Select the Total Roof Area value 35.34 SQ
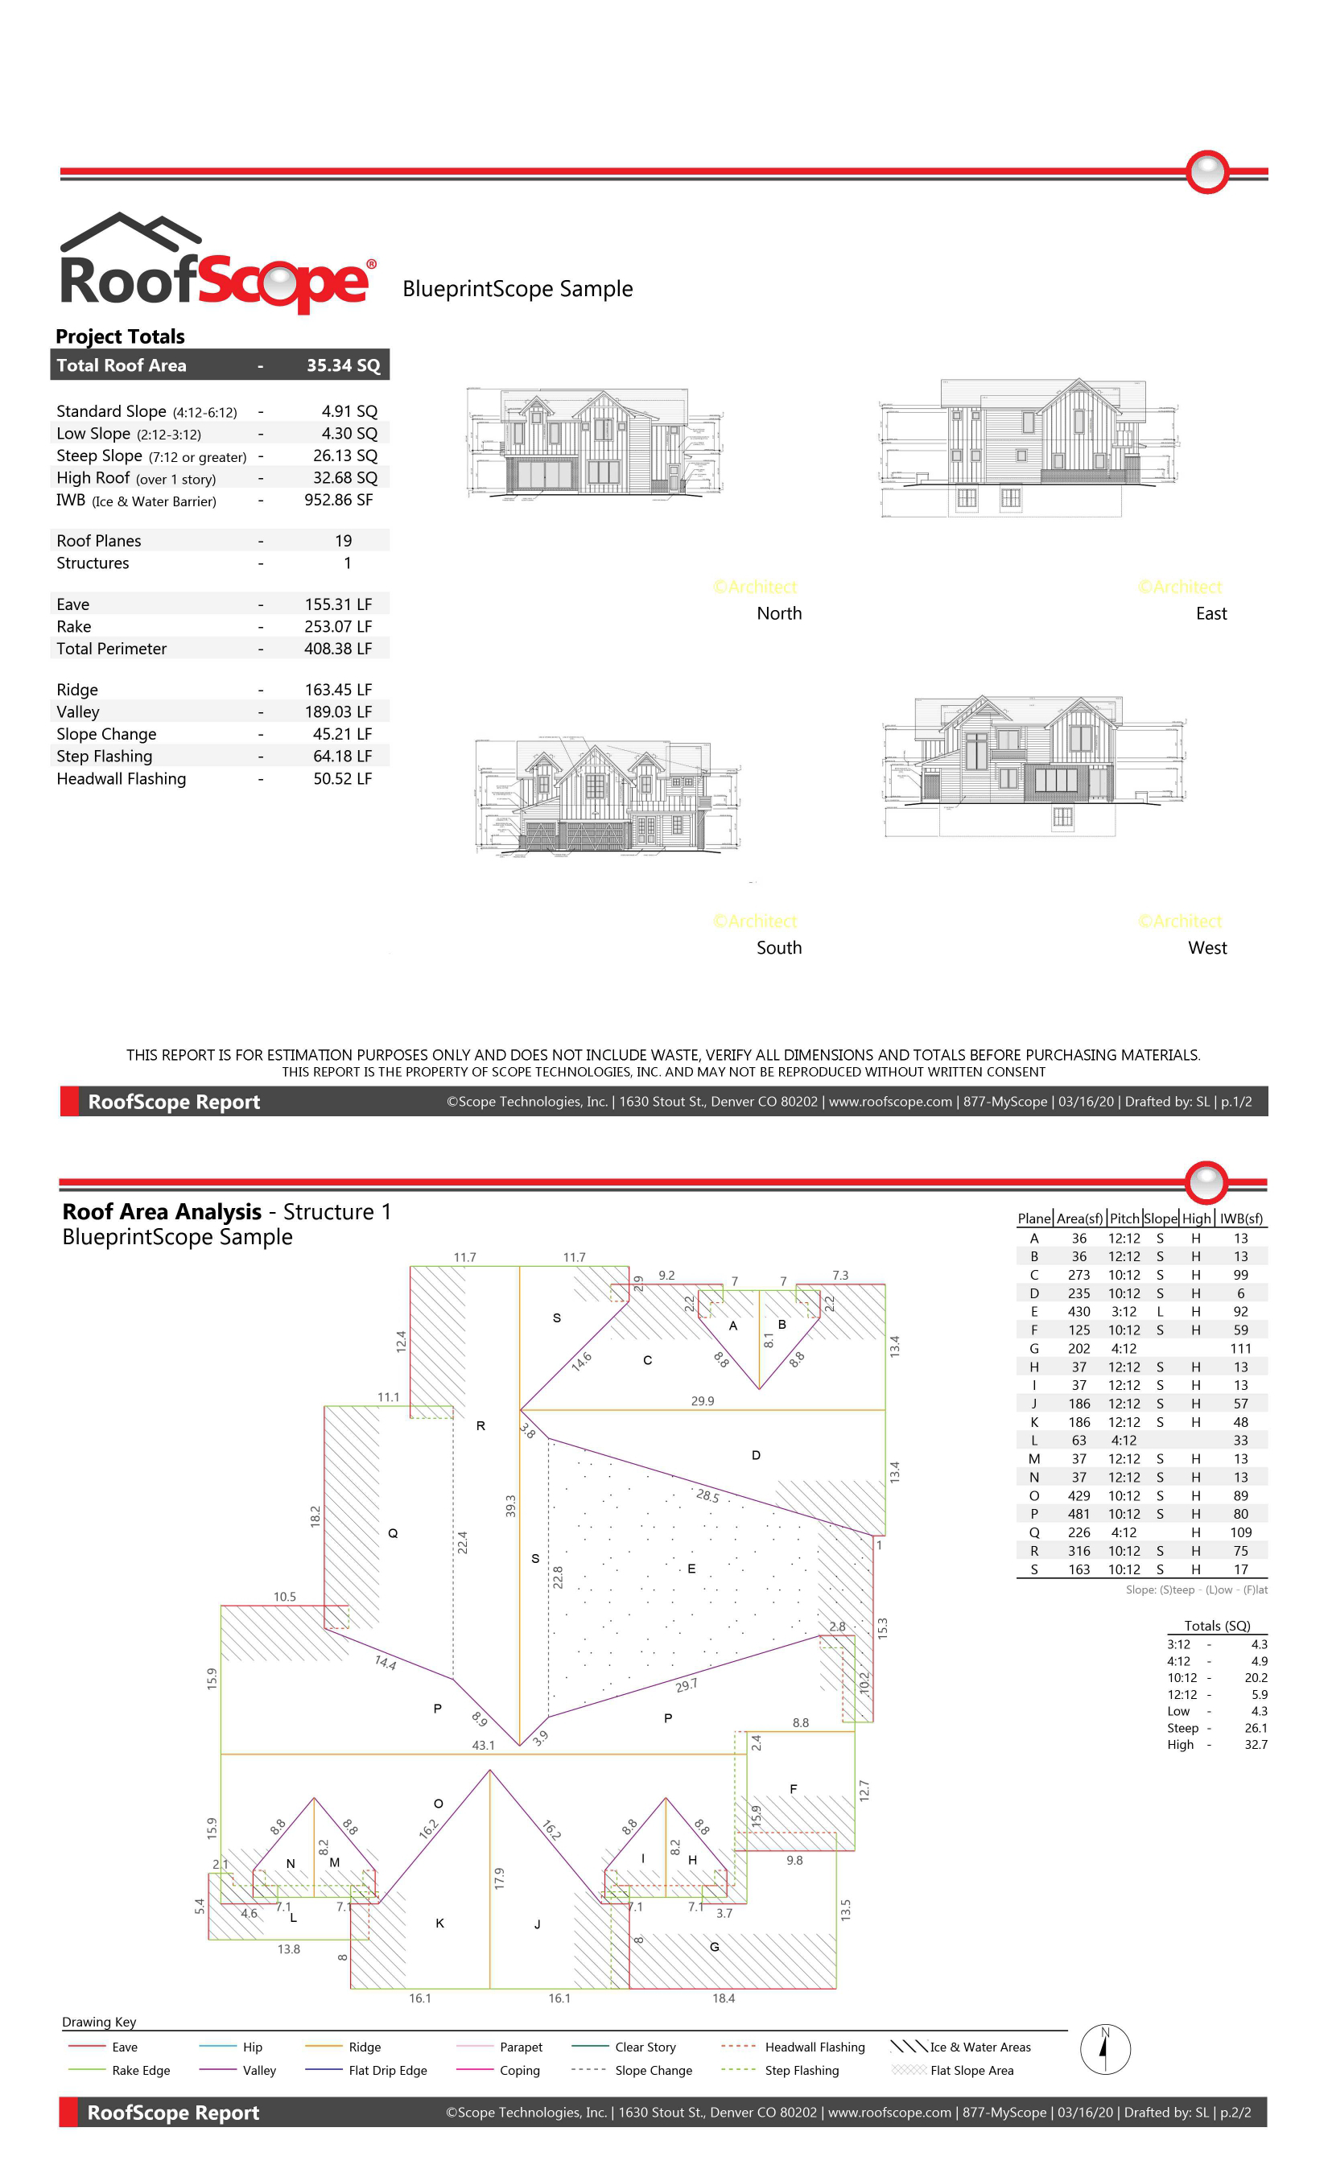click(342, 365)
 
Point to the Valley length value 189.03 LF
click(338, 711)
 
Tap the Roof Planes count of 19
click(343, 541)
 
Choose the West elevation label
click(1206, 947)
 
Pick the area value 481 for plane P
click(1078, 1514)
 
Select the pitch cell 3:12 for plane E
click(1124, 1311)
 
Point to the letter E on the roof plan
click(691, 1568)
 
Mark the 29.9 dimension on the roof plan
click(702, 1400)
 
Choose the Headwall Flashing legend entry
click(814, 2047)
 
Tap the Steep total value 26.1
click(1255, 1728)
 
